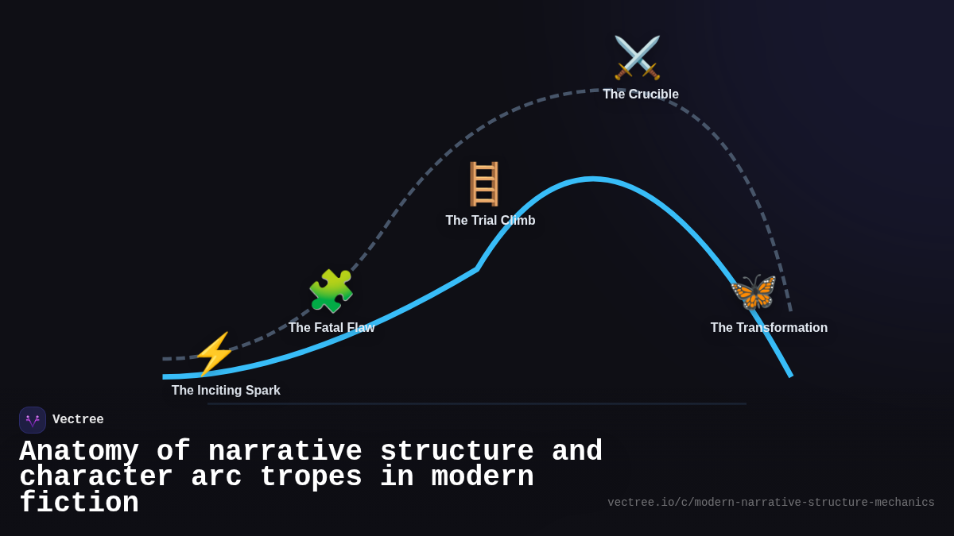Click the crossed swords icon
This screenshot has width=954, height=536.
click(637, 58)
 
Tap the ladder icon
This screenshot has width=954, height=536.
click(483, 183)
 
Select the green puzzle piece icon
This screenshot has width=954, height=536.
click(331, 291)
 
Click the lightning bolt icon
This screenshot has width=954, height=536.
click(214, 354)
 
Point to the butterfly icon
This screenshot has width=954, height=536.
click(753, 292)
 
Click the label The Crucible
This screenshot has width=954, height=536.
click(640, 94)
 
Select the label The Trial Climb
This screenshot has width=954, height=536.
click(490, 221)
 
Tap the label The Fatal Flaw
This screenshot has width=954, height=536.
click(331, 328)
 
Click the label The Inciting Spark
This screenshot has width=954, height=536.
click(226, 391)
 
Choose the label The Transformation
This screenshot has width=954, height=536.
click(769, 328)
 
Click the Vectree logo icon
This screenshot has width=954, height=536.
click(33, 420)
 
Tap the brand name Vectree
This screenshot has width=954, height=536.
click(78, 420)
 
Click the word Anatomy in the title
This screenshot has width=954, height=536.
click(79, 452)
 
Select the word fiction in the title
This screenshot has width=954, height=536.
click(79, 503)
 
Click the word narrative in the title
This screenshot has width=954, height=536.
click(285, 452)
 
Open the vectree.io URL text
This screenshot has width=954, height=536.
click(770, 503)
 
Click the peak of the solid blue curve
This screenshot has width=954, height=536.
click(591, 179)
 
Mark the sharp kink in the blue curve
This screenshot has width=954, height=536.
click(477, 269)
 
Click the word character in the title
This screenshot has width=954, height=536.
click(95, 477)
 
